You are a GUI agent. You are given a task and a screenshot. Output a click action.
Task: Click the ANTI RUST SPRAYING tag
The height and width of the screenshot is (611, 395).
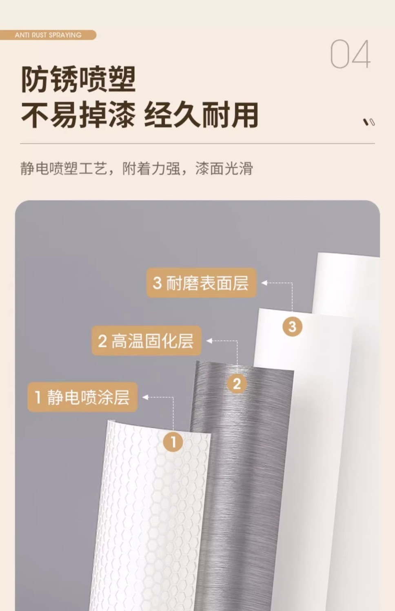coord(48,35)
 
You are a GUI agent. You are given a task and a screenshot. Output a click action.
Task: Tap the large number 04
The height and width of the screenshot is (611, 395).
coord(351,54)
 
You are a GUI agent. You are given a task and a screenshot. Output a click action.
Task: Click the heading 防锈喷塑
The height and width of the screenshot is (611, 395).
coord(78,79)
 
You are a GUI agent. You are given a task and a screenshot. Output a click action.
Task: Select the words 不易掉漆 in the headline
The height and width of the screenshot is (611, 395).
coord(78,115)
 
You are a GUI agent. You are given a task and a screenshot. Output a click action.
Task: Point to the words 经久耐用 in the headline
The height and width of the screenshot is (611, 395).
coord(201,115)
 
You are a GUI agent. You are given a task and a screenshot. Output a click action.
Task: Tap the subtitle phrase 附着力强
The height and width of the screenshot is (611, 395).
coord(151,168)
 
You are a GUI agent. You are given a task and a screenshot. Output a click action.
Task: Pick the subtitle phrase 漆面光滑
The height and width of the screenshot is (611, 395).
coord(224,168)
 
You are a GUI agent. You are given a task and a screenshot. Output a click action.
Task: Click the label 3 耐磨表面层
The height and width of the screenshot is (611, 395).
coord(201,283)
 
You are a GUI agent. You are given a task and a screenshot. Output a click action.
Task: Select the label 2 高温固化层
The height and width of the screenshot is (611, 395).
coord(146,341)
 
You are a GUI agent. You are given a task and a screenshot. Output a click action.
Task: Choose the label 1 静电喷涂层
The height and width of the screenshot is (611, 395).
coord(82,397)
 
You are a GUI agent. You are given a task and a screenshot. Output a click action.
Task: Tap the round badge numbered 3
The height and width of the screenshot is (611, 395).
coord(292,326)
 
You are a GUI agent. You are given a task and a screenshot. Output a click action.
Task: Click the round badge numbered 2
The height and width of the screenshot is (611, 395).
coord(237,384)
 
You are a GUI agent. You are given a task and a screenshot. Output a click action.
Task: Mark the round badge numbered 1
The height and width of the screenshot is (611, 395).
coord(173,442)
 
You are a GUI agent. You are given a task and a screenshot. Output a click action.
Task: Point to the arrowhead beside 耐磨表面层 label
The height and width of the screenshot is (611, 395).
coord(264,283)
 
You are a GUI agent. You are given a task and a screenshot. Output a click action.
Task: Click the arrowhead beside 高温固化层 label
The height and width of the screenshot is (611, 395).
coord(209,341)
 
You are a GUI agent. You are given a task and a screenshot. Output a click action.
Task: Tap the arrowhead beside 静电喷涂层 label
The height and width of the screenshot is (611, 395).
coord(145,397)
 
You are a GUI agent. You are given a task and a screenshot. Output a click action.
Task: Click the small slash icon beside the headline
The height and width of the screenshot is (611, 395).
coord(369,122)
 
